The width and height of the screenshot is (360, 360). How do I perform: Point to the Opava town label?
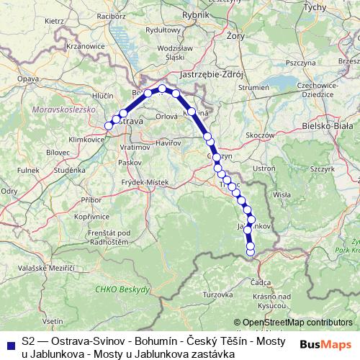[x=28, y=78]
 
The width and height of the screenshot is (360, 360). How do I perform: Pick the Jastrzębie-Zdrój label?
[x=213, y=74]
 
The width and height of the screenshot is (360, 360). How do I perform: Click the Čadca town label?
[x=261, y=282]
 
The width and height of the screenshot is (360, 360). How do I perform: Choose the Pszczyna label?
[x=305, y=63]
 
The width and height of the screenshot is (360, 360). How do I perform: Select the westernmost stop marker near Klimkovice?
[x=109, y=126]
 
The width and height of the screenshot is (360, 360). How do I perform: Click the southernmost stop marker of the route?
[x=251, y=252]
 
